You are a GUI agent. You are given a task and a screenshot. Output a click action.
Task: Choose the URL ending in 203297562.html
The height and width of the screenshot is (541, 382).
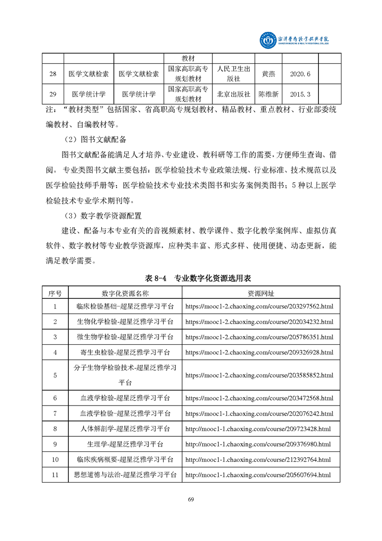tap(259, 306)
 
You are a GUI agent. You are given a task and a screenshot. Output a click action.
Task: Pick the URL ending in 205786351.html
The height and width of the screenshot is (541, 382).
tap(259, 337)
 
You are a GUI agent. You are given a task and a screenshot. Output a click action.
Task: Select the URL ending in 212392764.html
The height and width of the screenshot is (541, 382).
tap(258, 460)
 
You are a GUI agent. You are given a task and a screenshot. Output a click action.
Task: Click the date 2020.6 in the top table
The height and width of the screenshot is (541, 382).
tap(301, 74)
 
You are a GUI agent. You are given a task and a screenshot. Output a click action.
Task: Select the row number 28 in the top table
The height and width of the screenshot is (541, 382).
tap(53, 74)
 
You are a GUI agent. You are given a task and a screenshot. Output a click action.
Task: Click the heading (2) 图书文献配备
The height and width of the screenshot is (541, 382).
tap(95, 140)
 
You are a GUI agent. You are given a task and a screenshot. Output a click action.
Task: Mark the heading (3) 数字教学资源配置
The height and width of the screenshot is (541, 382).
tap(102, 216)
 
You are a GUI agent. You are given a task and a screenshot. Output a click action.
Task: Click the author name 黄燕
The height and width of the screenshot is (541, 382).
tap(268, 74)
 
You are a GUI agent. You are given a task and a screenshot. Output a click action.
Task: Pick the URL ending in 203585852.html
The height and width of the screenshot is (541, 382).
tap(259, 375)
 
